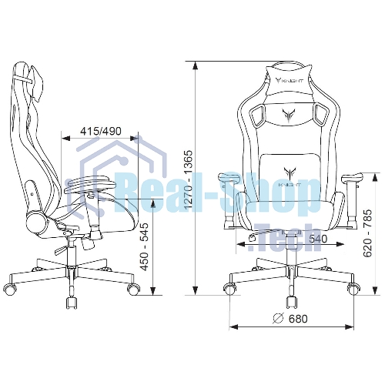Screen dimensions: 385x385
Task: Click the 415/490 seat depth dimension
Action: click(101, 131)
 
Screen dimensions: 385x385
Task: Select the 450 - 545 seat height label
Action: click(145, 247)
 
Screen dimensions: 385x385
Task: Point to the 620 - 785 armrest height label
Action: click(367, 233)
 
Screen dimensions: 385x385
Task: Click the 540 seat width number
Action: click(318, 239)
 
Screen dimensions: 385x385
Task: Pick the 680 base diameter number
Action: click(298, 319)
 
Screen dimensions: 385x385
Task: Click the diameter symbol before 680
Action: click(278, 319)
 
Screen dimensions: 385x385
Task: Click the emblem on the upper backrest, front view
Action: click(288, 115)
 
